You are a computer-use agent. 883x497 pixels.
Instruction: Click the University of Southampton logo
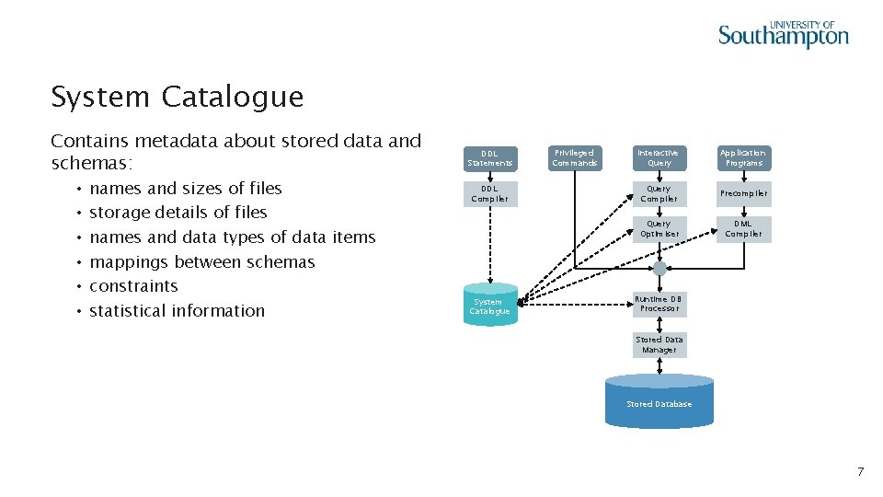783,34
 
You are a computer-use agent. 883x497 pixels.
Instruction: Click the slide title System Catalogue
177,97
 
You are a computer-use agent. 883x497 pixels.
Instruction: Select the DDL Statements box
489,158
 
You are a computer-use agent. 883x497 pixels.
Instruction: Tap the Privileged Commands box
574,158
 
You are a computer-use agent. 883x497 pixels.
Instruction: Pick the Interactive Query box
659,158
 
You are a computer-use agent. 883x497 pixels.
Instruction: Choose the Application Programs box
743,158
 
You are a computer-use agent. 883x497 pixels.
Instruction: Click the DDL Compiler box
489,193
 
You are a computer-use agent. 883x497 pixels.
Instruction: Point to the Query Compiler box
659,193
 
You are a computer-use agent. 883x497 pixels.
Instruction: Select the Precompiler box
743,193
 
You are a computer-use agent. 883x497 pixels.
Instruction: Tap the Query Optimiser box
659,229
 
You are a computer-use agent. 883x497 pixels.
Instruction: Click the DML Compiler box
743,229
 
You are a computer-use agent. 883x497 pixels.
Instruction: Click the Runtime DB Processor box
659,304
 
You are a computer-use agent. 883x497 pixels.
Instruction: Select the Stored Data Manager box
659,345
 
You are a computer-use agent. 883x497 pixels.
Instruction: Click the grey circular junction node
659,269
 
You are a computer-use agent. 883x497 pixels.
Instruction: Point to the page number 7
860,472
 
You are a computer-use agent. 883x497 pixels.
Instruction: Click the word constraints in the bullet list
133,286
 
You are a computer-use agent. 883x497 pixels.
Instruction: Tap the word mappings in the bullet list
130,262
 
